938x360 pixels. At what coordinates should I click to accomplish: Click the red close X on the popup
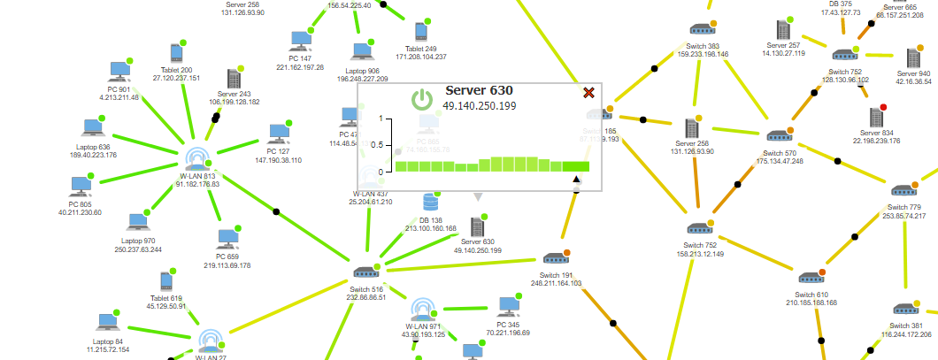point(588,93)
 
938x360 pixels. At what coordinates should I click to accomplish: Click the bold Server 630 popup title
point(479,90)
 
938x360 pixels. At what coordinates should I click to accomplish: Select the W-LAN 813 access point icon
point(197,157)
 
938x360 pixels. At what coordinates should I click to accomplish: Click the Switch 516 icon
point(365,273)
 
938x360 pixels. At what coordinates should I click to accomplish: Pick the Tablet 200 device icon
point(175,54)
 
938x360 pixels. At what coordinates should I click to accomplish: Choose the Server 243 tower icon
point(234,78)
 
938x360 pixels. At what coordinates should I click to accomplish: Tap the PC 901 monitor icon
point(119,71)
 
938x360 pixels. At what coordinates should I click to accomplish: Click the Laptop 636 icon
point(92,129)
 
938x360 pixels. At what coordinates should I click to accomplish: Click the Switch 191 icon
point(555,260)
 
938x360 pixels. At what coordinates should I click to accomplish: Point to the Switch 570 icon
point(779,136)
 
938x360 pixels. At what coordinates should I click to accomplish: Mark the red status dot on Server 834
point(883,108)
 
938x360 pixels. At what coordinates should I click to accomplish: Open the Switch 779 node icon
point(903,190)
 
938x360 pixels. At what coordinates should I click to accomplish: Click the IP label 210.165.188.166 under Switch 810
point(811,303)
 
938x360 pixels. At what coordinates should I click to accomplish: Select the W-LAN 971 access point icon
point(422,310)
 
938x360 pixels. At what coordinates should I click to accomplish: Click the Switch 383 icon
point(703,29)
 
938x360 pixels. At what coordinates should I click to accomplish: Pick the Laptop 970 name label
point(138,241)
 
